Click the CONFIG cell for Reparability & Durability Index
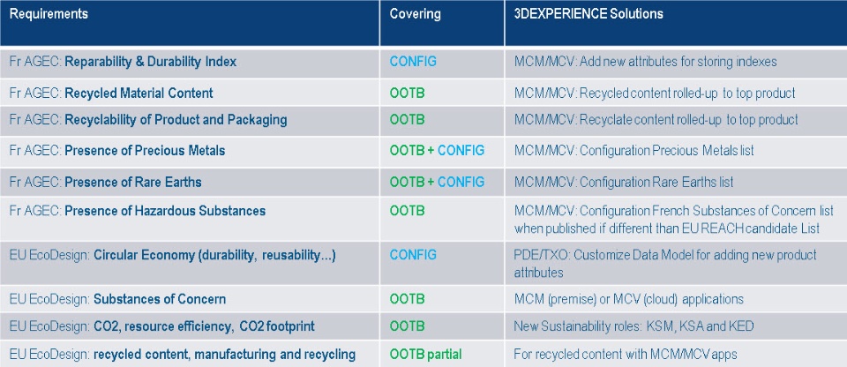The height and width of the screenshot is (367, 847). [413, 63]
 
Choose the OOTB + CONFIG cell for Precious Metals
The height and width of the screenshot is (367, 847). [437, 151]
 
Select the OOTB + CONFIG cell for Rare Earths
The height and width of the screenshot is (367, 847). [437, 182]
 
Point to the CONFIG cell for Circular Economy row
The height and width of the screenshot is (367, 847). [413, 255]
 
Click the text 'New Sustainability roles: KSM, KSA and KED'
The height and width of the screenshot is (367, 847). [634, 326]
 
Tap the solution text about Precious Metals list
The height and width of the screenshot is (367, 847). [634, 151]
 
